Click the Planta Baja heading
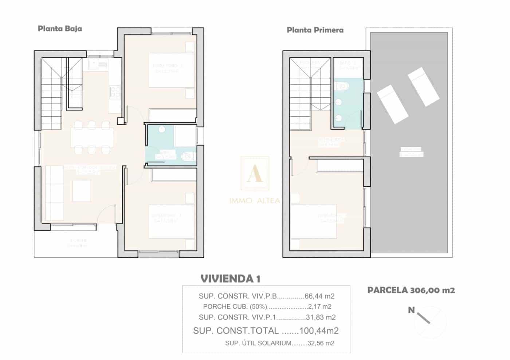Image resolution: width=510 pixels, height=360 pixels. (60, 28)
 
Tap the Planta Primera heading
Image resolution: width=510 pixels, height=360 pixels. (315, 30)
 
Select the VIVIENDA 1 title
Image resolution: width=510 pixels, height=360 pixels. (230, 279)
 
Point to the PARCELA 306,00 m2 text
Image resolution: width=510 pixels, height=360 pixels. (411, 290)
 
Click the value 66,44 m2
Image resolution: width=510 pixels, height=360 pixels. (320, 296)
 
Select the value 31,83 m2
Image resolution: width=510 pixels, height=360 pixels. (321, 317)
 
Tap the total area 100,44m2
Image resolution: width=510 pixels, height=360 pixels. (319, 331)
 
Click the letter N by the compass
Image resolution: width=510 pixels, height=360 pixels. (411, 310)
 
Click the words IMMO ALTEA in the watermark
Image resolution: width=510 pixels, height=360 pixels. (255, 201)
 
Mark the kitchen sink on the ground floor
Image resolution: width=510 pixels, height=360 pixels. (98, 65)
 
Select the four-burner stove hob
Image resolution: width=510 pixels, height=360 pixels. (115, 92)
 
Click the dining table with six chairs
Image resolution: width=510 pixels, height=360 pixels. (92, 138)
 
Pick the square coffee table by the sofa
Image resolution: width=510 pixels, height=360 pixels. (82, 190)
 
